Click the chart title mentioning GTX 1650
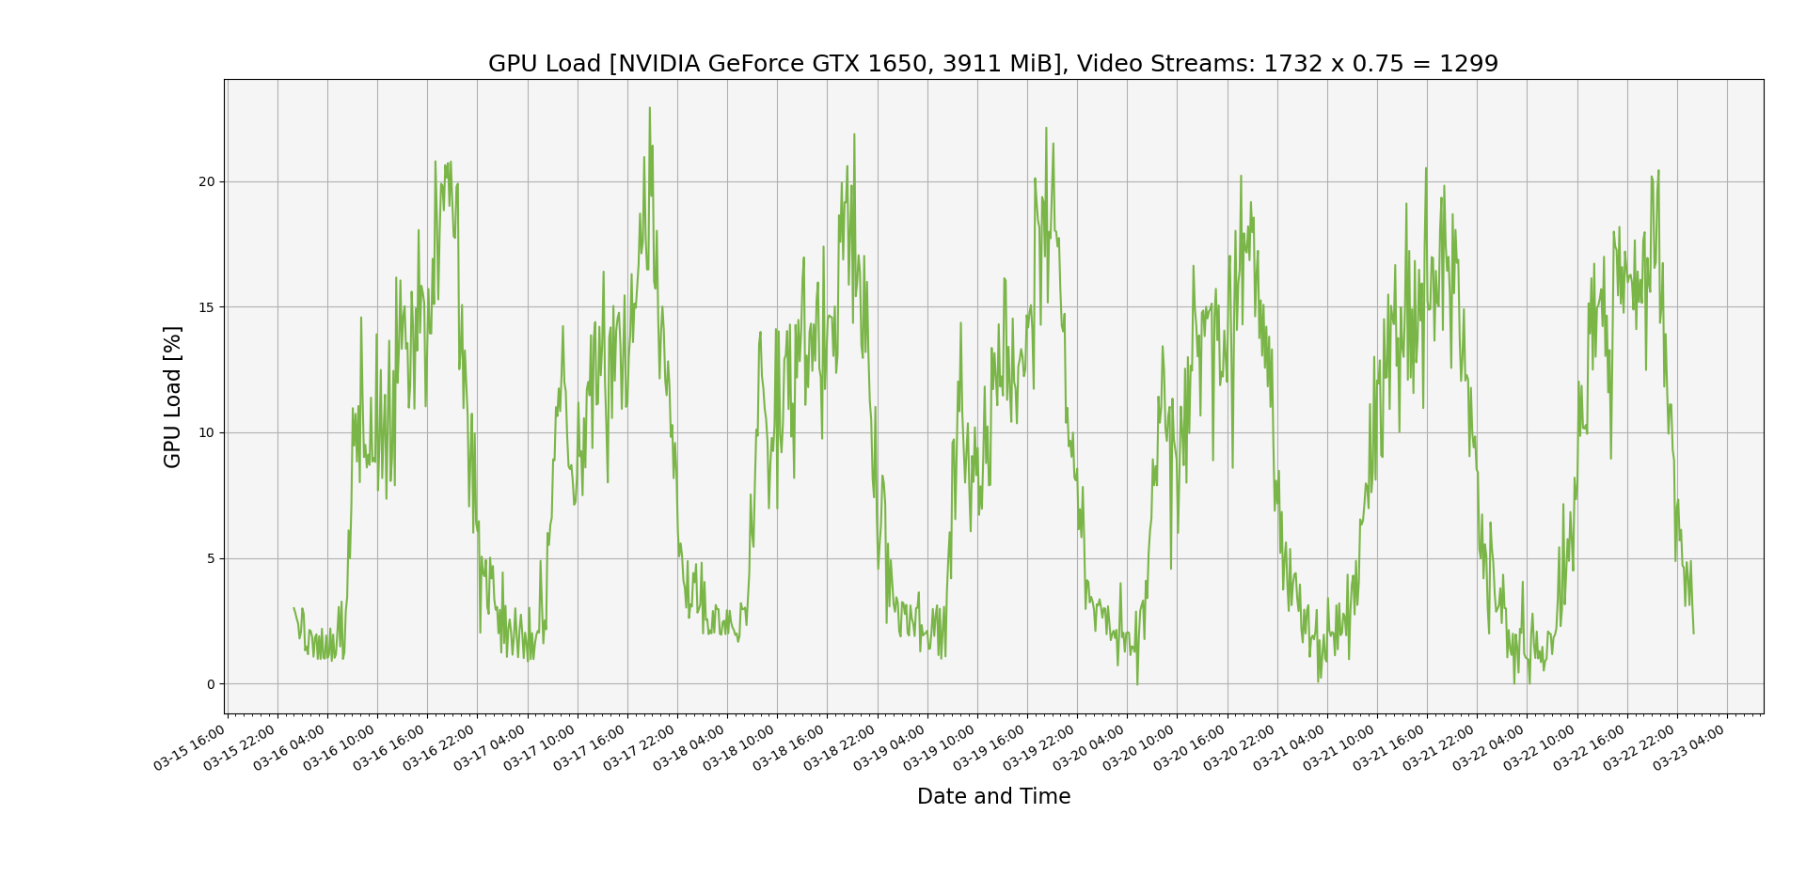click(992, 64)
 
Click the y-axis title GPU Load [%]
click(172, 397)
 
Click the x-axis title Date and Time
click(993, 797)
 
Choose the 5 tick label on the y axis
click(210, 558)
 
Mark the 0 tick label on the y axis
click(210, 684)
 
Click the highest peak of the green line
click(649, 108)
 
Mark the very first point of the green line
click(293, 608)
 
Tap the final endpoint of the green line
click(1694, 633)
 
